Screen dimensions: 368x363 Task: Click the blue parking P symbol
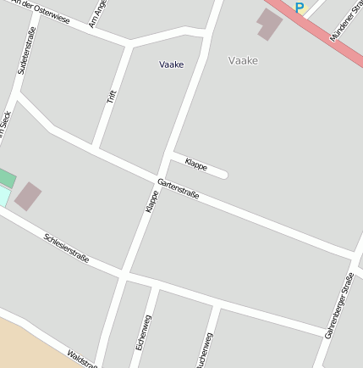pos(299,8)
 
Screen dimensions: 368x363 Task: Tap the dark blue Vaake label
pos(171,64)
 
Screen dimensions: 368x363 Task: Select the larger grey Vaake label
pos(243,60)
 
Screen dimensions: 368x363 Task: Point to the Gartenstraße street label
pos(179,189)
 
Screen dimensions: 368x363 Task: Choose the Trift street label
pos(111,96)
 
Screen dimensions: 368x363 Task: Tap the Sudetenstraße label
pos(26,50)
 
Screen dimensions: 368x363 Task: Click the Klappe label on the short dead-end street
pos(195,164)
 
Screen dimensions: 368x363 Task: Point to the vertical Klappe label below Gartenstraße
pos(151,201)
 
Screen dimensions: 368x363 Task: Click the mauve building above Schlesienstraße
pos(27,196)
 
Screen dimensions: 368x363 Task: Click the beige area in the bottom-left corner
pos(25,343)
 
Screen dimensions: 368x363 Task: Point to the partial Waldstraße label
pos(82,360)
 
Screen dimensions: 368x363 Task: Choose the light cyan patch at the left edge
pos(3,197)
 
